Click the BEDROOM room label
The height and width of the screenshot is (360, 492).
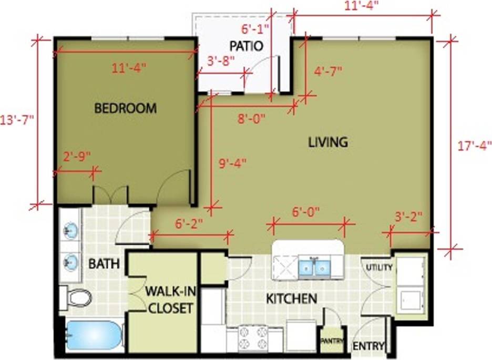[x=125, y=108]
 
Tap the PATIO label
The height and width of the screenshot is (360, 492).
[x=245, y=45]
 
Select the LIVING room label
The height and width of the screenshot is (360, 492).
[x=327, y=141]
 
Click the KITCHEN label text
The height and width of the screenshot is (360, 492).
[x=291, y=299]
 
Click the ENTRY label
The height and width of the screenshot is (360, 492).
[x=368, y=346]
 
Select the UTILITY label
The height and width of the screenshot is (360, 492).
[x=380, y=267]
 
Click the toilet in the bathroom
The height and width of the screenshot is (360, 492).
[x=76, y=298]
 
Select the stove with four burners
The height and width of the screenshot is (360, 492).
[x=253, y=337]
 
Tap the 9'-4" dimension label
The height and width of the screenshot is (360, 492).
[x=232, y=163]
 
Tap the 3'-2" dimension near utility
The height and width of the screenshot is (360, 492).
[x=408, y=217]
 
